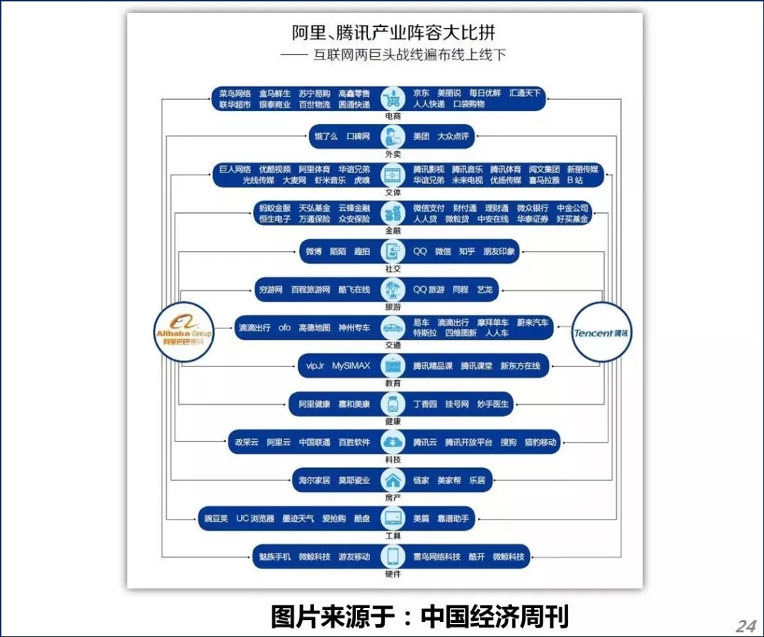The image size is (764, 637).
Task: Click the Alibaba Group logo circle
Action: click(184, 332)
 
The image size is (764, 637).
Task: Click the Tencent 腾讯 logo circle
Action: click(601, 332)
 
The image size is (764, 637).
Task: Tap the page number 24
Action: click(746, 626)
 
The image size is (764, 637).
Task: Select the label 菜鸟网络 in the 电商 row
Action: click(235, 93)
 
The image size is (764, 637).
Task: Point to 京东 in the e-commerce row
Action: click(421, 93)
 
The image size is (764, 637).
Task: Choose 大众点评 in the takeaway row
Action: click(453, 136)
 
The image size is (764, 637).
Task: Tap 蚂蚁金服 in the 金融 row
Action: click(275, 208)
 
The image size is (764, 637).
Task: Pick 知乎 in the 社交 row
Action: click(466, 251)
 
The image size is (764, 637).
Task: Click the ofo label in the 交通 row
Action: click(284, 328)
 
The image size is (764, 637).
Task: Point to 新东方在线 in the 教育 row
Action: click(520, 366)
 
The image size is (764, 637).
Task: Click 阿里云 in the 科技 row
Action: click(279, 442)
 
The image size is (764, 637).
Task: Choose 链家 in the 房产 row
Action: click(421, 481)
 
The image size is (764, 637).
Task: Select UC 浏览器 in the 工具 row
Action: click(255, 519)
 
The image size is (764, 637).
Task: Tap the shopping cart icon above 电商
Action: click(392, 98)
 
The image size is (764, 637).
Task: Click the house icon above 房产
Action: click(392, 481)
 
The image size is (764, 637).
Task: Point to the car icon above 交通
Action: click(392, 328)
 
